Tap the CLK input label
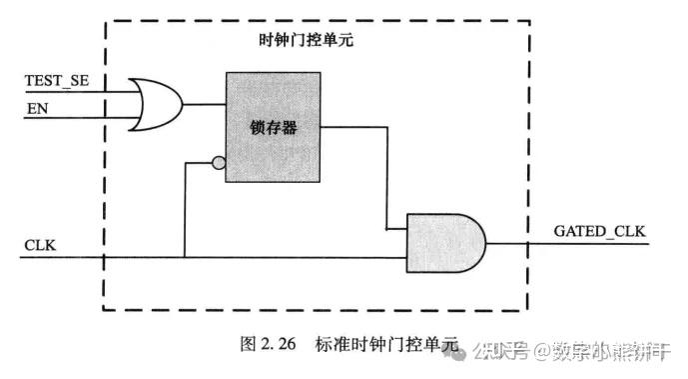coord(39,244)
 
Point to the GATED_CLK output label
coord(599,231)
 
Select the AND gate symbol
coord(445,243)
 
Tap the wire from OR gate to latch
coord(205,104)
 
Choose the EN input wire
coord(80,117)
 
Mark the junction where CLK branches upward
coord(186,257)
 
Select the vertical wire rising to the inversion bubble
coord(186,210)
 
